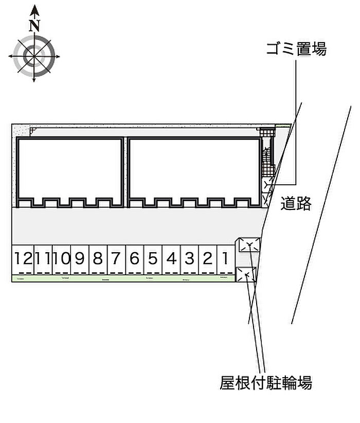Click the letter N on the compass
[x=34, y=25]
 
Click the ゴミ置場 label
[x=296, y=49]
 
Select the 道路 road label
[x=296, y=204]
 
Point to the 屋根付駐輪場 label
[x=265, y=383]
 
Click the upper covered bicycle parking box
[x=248, y=244]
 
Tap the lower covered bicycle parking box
[x=246, y=275]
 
